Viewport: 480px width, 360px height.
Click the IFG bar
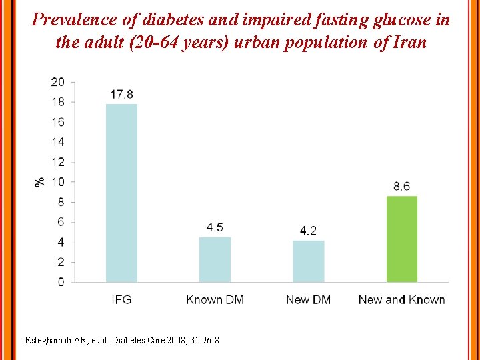click(x=121, y=193)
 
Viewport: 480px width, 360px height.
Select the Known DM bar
click(x=215, y=259)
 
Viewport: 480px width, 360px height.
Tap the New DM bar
click(x=308, y=261)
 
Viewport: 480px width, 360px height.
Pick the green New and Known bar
click(x=402, y=239)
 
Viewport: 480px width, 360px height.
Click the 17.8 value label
click(x=121, y=95)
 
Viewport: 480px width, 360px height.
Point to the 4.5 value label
click(x=215, y=227)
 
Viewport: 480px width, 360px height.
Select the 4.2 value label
click(x=308, y=231)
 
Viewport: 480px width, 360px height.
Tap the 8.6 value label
click(x=402, y=187)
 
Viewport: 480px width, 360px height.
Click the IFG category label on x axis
click(x=121, y=300)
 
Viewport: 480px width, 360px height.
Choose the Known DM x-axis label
click(x=215, y=300)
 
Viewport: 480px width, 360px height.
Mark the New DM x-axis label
click(x=308, y=300)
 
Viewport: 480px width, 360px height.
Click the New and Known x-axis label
click(x=402, y=300)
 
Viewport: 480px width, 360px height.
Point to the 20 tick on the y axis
click(x=58, y=82)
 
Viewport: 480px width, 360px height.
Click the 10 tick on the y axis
click(x=58, y=182)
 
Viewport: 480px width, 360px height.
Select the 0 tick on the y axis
click(x=61, y=282)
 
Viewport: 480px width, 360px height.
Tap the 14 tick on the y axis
click(x=58, y=142)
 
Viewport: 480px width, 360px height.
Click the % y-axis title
click(x=40, y=181)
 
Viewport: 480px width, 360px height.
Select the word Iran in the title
click(x=406, y=42)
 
